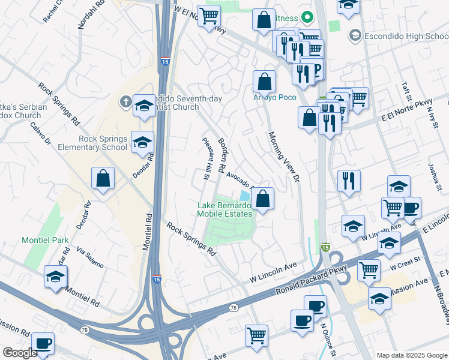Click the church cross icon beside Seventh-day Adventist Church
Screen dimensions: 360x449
tap(125, 101)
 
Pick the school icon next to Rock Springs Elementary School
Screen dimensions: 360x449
tap(143, 142)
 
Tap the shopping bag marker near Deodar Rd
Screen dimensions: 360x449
tap(103, 178)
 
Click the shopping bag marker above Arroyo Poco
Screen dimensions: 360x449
tap(264, 82)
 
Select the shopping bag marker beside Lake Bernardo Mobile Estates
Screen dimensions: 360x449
tap(263, 198)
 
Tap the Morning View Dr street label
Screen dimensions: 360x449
tap(284, 157)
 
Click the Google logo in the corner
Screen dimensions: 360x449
tap(20, 353)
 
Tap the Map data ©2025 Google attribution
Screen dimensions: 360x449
tap(412, 355)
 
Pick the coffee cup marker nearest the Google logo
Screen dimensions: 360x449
tap(43, 344)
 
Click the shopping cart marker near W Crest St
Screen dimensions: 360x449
tap(369, 269)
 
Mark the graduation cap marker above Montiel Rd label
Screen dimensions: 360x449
tap(55, 277)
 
